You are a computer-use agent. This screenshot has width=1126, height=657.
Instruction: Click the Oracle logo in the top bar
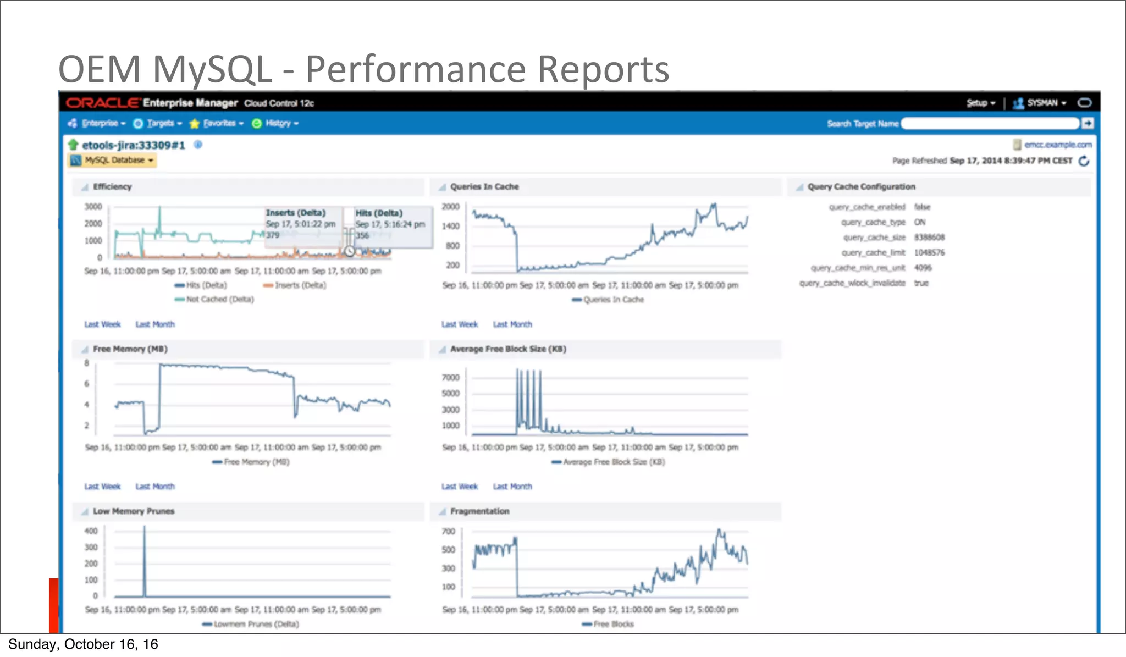(x=103, y=103)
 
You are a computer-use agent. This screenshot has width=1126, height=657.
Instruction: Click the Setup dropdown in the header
(x=980, y=103)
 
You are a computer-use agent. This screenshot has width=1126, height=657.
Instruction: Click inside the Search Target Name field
(x=990, y=124)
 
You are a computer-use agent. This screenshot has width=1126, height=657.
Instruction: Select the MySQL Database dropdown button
(x=113, y=160)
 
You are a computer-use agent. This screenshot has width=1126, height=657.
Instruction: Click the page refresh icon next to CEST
(x=1084, y=161)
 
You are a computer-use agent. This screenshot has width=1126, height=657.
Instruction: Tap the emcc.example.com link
(x=1057, y=145)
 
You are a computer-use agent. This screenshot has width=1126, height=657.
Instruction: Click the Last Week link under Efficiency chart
(x=102, y=324)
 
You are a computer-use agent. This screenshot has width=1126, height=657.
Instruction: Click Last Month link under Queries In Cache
(x=512, y=324)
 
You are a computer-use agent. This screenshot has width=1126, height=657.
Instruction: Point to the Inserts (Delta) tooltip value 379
(x=273, y=235)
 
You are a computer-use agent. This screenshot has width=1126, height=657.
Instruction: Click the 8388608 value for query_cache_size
(x=929, y=238)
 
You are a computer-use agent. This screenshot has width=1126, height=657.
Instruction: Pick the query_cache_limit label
(x=873, y=252)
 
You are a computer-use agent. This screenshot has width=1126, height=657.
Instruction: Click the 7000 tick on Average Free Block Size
(x=450, y=377)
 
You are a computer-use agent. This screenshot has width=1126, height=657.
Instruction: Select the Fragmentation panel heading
(x=479, y=511)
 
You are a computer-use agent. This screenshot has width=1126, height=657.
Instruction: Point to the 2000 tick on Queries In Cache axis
(x=450, y=207)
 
